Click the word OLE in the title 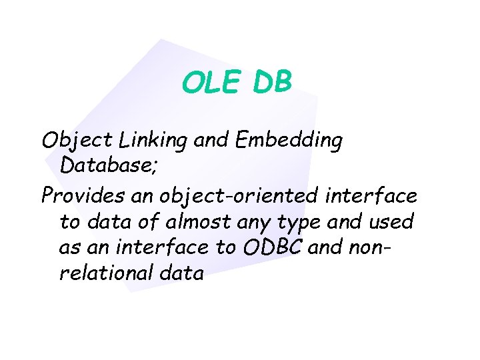[x=212, y=83]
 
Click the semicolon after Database [x=155, y=167]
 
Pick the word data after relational [x=184, y=272]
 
